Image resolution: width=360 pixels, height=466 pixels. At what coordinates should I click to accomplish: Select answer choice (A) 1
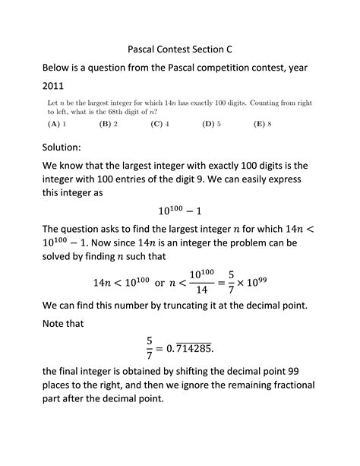pos(57,122)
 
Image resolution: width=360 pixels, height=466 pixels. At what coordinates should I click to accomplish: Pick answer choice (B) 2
pos(109,122)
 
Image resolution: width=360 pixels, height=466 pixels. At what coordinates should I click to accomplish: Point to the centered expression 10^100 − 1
pos(180,208)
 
